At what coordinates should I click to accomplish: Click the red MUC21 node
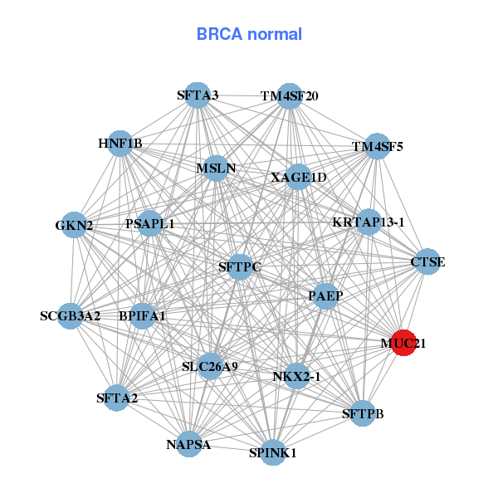(403, 342)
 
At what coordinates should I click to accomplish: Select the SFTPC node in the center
(240, 266)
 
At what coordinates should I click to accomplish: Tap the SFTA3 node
(198, 95)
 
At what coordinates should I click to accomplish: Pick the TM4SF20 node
(289, 95)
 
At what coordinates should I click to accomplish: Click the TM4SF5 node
(377, 147)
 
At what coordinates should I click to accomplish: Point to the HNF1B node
(120, 144)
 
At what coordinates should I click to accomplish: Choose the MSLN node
(217, 168)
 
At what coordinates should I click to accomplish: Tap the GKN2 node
(75, 225)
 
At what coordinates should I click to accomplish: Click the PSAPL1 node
(150, 224)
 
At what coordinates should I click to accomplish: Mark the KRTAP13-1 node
(368, 222)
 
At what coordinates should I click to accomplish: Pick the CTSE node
(427, 262)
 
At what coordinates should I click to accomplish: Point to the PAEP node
(325, 295)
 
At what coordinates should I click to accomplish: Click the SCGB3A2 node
(71, 315)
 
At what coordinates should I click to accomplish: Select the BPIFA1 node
(143, 315)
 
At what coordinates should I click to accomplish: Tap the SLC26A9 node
(209, 366)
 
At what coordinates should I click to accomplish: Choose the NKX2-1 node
(296, 376)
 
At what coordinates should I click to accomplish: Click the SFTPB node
(363, 413)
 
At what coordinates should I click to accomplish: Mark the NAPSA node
(188, 444)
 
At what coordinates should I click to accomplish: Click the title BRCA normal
(249, 34)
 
